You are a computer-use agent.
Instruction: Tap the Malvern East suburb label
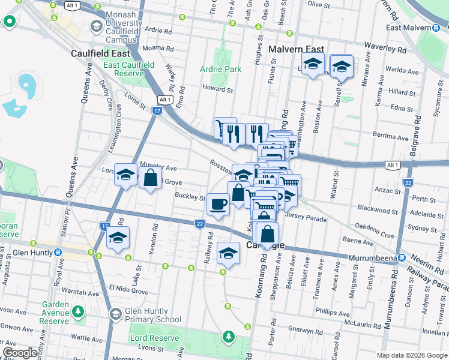(x=297, y=50)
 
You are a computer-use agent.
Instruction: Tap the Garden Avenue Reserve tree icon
(x=78, y=312)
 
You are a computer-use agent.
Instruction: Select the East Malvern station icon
(x=435, y=28)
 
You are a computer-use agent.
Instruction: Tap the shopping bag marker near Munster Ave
(x=150, y=178)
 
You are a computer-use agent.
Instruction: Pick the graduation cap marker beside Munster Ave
(x=125, y=175)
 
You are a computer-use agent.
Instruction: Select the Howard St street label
(x=217, y=89)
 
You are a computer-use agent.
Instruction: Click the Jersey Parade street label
(x=306, y=218)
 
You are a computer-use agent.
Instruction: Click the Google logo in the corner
(x=20, y=353)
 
